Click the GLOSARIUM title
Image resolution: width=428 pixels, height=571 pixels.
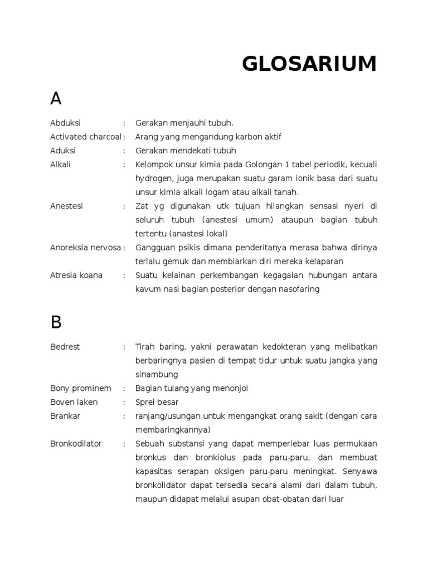[x=309, y=64]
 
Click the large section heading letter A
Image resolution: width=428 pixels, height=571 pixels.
[x=56, y=99]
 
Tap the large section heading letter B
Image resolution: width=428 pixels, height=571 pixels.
[x=56, y=322]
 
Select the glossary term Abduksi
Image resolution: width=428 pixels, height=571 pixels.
[x=65, y=123]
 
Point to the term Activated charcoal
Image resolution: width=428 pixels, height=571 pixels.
[x=85, y=137]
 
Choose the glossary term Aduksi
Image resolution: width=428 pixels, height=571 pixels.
[x=63, y=151]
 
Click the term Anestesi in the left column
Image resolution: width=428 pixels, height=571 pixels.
[x=66, y=206]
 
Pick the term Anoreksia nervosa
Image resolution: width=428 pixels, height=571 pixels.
[x=85, y=247]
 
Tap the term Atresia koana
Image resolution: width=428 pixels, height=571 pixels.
[x=76, y=275]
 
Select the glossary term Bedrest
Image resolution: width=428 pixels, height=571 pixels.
[x=65, y=347]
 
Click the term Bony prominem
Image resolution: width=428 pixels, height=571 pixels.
[x=80, y=388]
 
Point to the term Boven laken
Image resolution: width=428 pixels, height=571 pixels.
[x=74, y=402]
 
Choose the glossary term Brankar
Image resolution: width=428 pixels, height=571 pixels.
[x=65, y=416]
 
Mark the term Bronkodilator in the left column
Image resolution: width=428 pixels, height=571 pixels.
[x=76, y=444]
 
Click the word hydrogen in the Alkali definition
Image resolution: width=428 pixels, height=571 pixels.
[x=153, y=178]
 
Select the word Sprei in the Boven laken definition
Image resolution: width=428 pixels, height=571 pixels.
[x=145, y=402]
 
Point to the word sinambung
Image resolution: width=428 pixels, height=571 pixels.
[x=157, y=375]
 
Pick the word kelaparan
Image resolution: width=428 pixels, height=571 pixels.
[x=324, y=261]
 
